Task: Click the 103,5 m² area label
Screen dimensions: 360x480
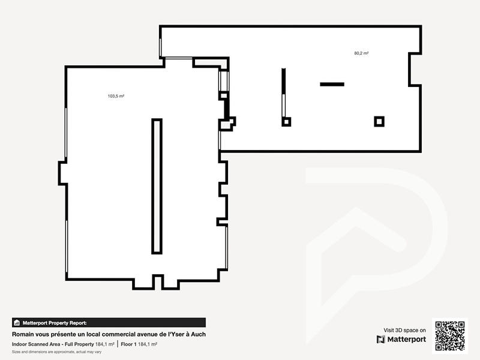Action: [116, 96]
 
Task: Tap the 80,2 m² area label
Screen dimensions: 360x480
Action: [361, 53]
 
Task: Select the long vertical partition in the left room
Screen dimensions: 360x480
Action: [157, 186]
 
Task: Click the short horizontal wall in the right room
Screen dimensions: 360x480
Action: [332, 84]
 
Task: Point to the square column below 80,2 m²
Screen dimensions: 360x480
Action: [379, 121]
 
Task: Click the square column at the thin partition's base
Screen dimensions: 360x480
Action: [286, 122]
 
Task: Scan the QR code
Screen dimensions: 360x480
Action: [449, 335]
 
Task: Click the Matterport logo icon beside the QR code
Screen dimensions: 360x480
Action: [381, 340]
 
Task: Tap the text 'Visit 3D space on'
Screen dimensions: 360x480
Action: [404, 330]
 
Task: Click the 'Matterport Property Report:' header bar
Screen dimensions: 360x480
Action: [108, 322]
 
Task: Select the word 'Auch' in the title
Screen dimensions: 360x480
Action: [199, 334]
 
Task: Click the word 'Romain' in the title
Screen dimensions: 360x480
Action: [24, 334]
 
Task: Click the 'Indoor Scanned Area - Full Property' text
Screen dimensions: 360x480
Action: [53, 344]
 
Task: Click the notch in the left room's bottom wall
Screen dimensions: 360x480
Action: [158, 282]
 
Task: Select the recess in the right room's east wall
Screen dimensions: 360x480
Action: [415, 70]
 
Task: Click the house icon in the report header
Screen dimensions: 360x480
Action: [17, 322]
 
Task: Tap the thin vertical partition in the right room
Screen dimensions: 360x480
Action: [283, 93]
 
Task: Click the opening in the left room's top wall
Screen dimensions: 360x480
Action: [178, 58]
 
